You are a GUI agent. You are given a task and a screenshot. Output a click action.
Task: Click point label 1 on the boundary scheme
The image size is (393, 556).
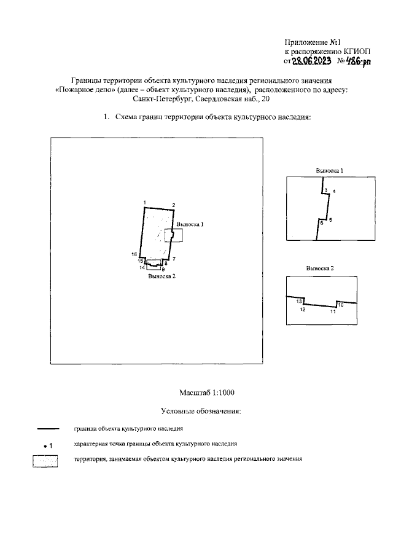[x=143, y=203]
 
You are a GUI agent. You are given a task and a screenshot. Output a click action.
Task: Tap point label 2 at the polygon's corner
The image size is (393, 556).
[x=174, y=205]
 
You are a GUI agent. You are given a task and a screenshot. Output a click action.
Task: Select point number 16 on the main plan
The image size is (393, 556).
[x=134, y=254]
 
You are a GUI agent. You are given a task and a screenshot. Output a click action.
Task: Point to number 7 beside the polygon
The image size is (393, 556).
[x=174, y=258]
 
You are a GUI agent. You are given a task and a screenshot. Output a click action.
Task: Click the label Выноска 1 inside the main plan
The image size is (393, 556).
[x=190, y=224]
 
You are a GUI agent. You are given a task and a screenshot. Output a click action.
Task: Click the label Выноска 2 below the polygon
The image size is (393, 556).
[x=161, y=276]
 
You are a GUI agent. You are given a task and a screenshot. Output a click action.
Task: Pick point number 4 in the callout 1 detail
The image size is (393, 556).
[x=333, y=192]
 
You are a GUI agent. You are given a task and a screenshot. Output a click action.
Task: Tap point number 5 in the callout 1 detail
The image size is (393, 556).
[x=330, y=220]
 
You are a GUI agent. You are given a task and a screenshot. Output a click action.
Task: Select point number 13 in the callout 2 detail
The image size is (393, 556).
[x=299, y=302]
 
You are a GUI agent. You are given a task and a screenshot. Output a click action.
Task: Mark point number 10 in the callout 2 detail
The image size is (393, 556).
[x=341, y=304]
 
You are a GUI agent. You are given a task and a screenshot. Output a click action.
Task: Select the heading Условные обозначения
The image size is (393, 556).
[x=200, y=410]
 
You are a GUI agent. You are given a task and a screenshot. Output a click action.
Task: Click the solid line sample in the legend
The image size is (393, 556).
[x=48, y=428]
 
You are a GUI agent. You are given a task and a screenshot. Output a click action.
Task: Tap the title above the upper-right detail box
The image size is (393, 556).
[x=329, y=170]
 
